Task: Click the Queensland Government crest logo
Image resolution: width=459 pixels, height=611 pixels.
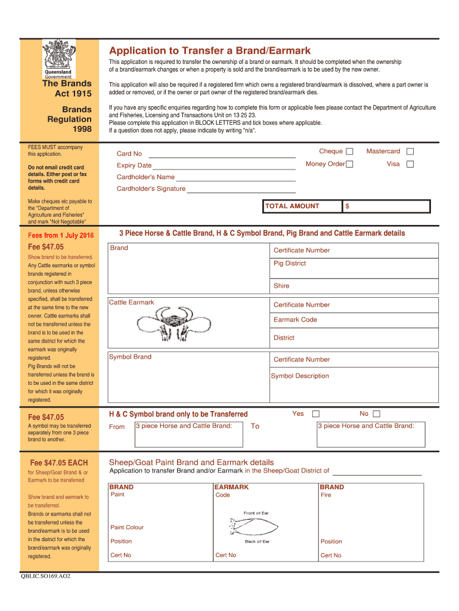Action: point(58,60)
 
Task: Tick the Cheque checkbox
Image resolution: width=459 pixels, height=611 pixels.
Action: point(350,152)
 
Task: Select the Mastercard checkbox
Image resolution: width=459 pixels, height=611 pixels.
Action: point(410,152)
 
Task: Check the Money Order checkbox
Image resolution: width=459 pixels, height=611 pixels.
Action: point(350,164)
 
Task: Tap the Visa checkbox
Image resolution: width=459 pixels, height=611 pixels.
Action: point(410,164)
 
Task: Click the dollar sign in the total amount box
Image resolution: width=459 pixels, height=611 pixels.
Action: point(348,206)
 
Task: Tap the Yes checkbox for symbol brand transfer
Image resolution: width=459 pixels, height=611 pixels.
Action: point(316,414)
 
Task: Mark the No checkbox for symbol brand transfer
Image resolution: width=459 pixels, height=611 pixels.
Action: point(376,414)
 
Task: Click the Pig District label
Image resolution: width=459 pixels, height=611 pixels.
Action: point(290,263)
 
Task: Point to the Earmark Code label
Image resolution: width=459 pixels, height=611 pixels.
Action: point(295,320)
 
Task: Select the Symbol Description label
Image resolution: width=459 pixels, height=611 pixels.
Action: point(300,376)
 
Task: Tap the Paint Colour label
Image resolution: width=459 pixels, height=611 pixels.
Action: point(127,527)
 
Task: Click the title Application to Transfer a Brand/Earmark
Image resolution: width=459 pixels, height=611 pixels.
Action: point(209,51)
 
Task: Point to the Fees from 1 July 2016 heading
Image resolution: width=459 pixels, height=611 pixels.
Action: point(61,234)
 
